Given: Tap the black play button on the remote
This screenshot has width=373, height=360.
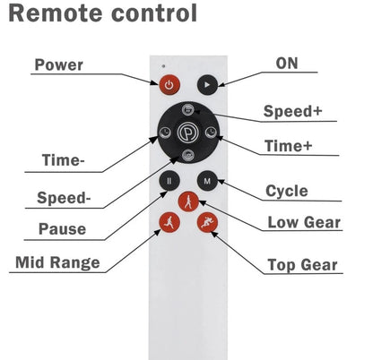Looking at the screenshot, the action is click(207, 85).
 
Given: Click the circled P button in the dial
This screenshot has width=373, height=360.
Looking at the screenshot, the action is click(187, 133).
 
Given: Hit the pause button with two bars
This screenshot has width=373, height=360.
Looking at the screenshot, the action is click(169, 181).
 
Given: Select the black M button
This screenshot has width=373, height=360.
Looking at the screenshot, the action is click(207, 181).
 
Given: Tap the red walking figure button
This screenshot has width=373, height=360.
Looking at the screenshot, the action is click(188, 201).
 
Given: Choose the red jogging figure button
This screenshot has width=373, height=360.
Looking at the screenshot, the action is click(169, 222).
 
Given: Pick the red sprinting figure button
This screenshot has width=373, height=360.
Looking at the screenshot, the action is click(207, 222).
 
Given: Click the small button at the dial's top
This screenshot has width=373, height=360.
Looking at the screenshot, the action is click(188, 110).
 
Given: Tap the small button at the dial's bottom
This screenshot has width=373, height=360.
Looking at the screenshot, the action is click(188, 156).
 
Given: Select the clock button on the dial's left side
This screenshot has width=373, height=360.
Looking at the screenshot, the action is click(165, 133).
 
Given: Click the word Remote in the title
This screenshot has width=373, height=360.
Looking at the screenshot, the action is click(56, 13).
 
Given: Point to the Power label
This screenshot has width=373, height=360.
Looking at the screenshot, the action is click(58, 64).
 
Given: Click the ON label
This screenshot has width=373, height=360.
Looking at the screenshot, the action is click(287, 64).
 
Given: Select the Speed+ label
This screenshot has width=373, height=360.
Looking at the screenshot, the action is click(292, 111).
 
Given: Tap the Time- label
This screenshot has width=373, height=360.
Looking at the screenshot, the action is click(64, 160).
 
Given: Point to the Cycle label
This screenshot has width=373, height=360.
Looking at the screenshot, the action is click(287, 191).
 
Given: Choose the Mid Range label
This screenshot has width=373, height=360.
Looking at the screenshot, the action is click(57, 262).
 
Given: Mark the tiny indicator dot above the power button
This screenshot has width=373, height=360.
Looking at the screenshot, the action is click(163, 65).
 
